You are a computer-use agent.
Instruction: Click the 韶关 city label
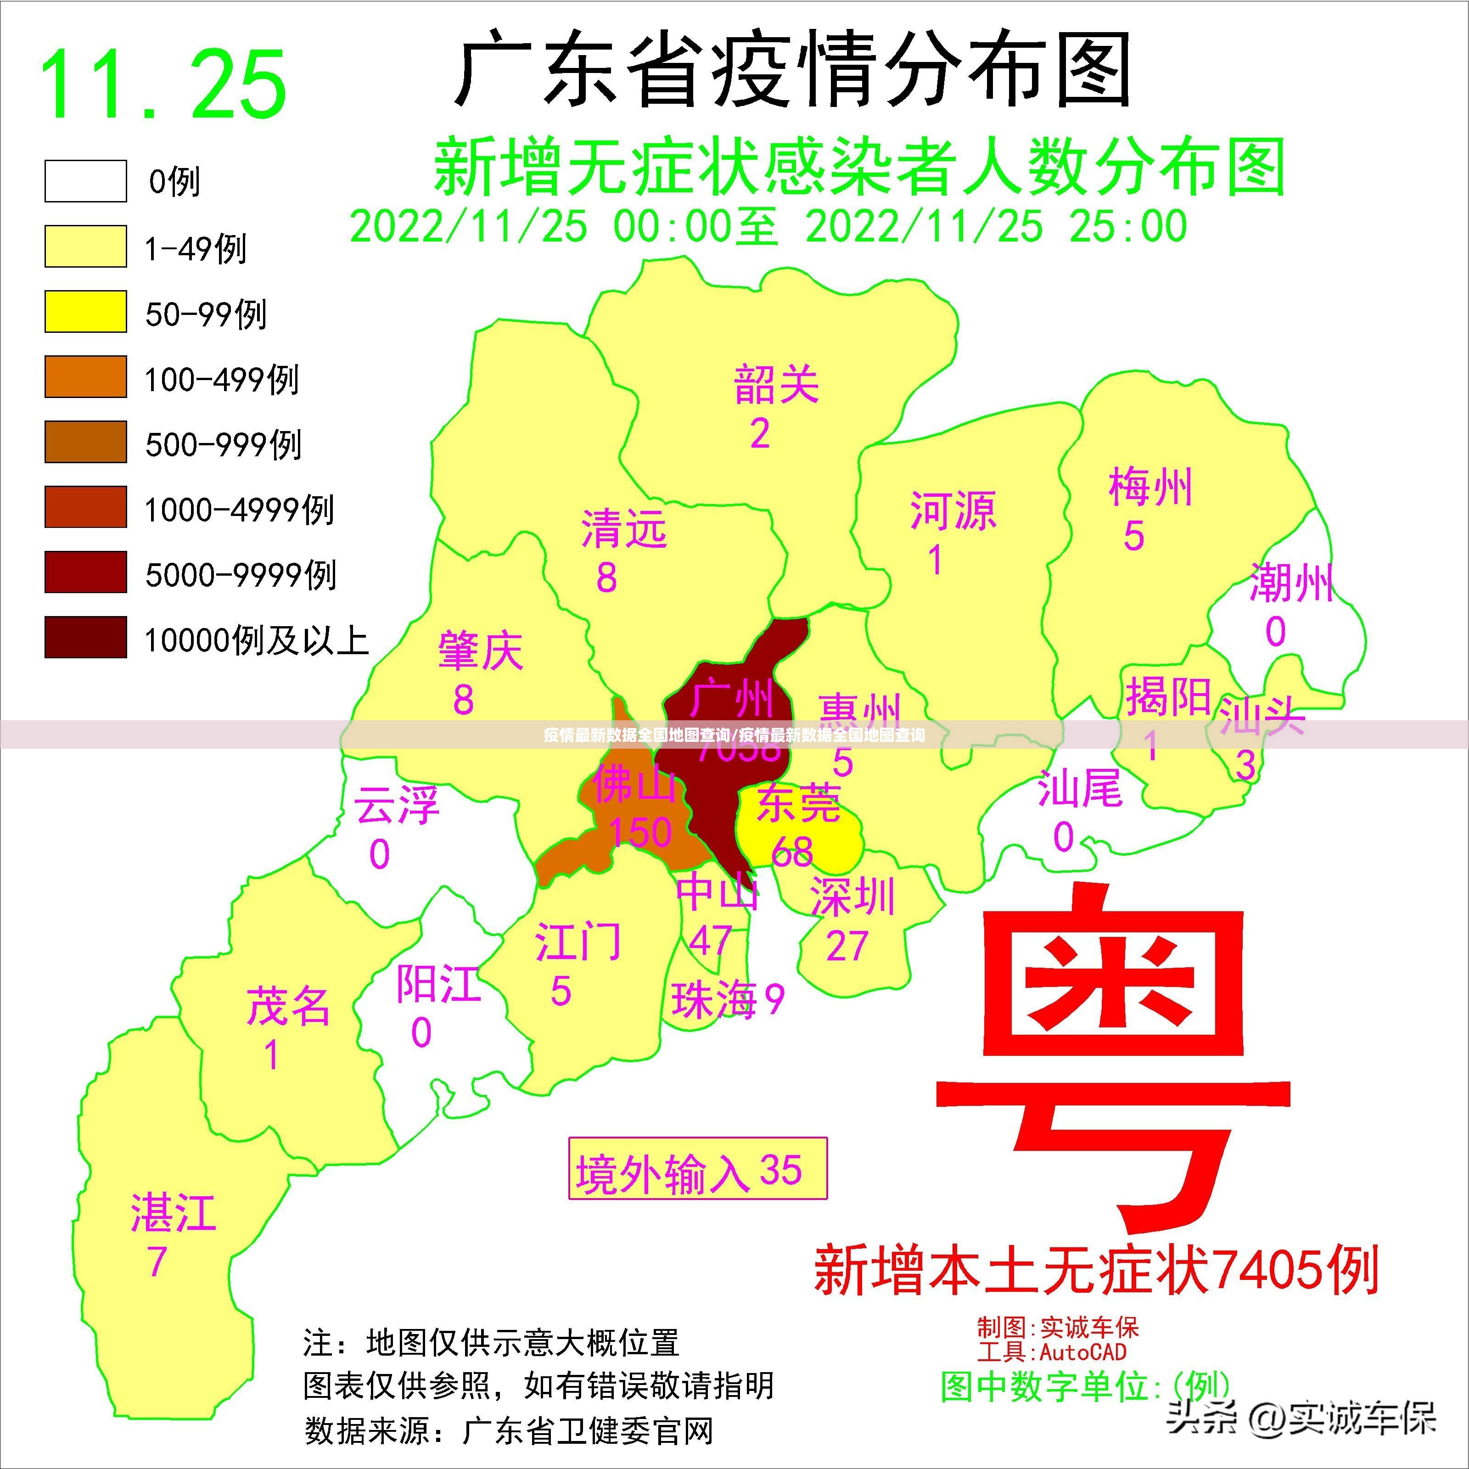point(776,385)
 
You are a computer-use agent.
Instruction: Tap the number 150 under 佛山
point(640,832)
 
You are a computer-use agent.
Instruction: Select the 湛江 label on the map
point(174,1213)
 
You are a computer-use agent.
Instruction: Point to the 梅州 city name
point(1149,488)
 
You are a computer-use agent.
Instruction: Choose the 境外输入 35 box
point(697,1172)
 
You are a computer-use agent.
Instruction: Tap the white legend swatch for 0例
point(85,181)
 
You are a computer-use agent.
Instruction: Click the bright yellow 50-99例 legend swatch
point(85,311)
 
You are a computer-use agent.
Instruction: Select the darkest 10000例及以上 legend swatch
point(85,637)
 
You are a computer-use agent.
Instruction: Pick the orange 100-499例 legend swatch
point(85,376)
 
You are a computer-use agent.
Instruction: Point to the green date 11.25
point(163,84)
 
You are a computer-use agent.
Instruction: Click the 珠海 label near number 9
point(714,1000)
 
